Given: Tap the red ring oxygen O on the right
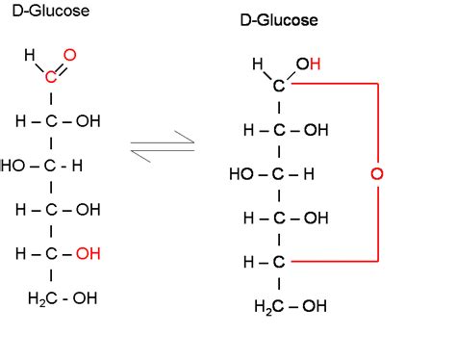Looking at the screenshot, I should tap(376, 174).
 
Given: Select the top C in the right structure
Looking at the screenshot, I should tap(279, 86).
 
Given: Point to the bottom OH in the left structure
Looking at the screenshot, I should tap(85, 297).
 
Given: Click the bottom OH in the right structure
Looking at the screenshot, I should tap(314, 306).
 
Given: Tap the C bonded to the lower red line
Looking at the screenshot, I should tap(279, 262).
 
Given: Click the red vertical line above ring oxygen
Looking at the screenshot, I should tap(376, 125).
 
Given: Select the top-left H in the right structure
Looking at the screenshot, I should tap(258, 64).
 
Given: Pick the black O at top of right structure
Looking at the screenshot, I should tap(301, 64).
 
